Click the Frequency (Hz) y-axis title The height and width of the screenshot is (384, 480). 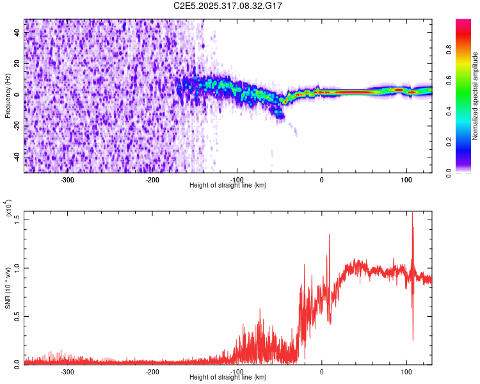(x=8, y=95)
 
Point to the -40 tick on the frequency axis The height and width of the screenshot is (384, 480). (x=17, y=157)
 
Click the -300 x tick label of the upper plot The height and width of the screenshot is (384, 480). (x=68, y=179)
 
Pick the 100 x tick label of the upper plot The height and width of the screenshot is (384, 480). (x=406, y=179)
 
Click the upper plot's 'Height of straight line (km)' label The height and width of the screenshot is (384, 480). (x=228, y=186)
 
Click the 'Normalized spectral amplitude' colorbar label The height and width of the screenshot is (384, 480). (x=476, y=96)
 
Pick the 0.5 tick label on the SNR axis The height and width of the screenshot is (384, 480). (x=17, y=316)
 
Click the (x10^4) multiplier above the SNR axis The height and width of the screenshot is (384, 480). (x=9, y=208)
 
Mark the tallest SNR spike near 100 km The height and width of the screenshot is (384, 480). (x=412, y=213)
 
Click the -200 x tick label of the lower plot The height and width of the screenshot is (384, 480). (x=152, y=371)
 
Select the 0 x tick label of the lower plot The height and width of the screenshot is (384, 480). (x=322, y=371)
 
